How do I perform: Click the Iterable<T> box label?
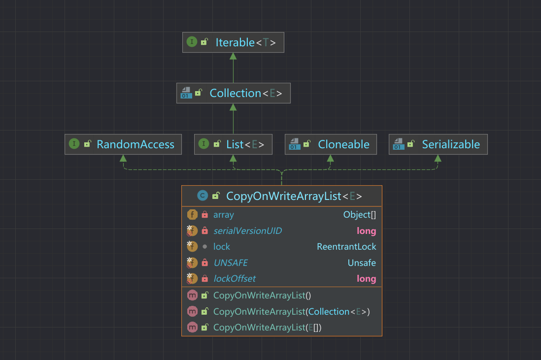point(246,42)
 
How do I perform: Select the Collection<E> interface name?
point(246,93)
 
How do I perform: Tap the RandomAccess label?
point(135,144)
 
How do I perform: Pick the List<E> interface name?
point(245,144)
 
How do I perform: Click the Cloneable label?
point(343,144)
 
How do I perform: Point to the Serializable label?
point(451,144)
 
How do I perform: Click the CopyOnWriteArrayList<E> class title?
point(294,196)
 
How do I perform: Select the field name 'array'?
point(224,215)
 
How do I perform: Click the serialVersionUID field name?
point(248,230)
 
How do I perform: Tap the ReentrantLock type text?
point(346,247)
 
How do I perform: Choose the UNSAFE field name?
point(231,263)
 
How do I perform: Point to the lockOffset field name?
point(235,279)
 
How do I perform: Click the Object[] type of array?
point(360,215)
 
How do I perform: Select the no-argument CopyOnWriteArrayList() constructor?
point(262,295)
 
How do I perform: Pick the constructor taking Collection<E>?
point(292,312)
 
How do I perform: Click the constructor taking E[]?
point(268,327)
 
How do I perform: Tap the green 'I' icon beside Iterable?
point(192,42)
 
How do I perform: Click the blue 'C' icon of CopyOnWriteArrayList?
point(203,196)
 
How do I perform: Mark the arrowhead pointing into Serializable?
point(438,158)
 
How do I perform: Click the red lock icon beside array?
point(204,215)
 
